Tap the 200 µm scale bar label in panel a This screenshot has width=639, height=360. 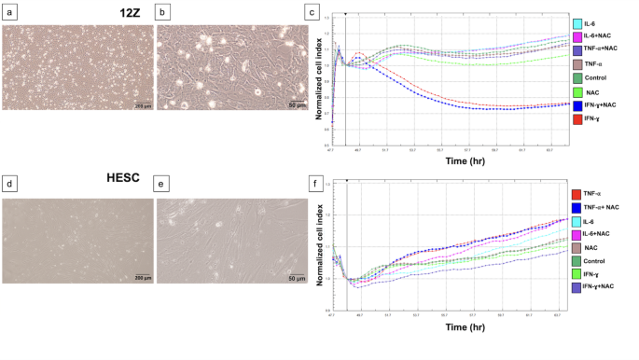pyautogui.click(x=139, y=105)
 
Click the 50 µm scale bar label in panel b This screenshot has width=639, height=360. pyautogui.click(x=295, y=105)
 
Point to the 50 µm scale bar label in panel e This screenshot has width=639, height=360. pyautogui.click(x=295, y=278)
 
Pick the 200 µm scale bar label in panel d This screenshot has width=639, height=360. pyautogui.click(x=139, y=278)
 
